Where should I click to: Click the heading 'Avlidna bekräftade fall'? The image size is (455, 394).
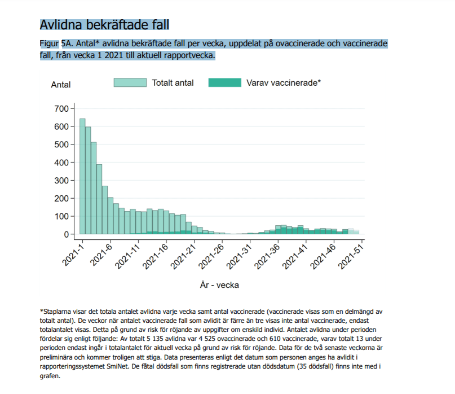point(104,25)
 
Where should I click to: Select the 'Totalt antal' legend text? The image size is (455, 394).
point(173,82)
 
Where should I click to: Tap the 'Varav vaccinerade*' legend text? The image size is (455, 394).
point(284,82)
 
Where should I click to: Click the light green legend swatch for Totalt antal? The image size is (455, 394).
point(130,82)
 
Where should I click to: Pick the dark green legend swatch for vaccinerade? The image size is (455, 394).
point(224,82)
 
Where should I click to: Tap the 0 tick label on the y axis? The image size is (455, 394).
point(65,234)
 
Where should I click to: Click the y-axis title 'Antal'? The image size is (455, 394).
point(61,85)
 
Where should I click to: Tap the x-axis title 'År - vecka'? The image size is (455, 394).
point(219,285)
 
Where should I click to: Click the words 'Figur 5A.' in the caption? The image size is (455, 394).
point(57,43)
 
